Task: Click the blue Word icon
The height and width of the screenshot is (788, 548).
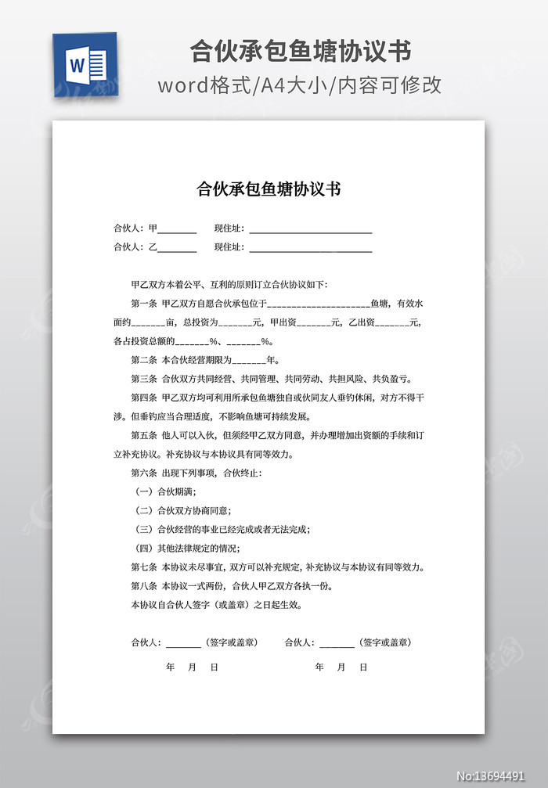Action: (84, 65)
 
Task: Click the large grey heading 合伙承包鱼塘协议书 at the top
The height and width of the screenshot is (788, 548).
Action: (301, 52)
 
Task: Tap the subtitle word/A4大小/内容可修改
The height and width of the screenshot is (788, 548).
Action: (299, 85)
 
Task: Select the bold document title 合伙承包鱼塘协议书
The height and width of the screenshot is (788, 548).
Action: (269, 189)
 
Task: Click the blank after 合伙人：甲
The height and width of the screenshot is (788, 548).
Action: (178, 229)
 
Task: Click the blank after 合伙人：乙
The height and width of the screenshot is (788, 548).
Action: (178, 247)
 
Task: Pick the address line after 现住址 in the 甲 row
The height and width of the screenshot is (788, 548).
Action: (310, 229)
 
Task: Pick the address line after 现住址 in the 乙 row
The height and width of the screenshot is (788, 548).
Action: (310, 247)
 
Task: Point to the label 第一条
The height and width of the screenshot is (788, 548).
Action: (144, 303)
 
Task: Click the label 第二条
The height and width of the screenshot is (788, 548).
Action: (144, 361)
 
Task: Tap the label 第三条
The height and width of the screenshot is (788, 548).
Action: (144, 380)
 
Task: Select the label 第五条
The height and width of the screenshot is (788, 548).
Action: (144, 435)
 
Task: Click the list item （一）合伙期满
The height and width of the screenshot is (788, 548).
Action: (166, 491)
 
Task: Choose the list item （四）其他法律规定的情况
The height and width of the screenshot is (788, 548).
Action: (188, 548)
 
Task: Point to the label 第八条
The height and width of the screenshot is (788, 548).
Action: (144, 586)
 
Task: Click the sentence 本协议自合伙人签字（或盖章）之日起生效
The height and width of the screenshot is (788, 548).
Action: (217, 605)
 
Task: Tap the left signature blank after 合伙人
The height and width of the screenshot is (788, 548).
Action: (183, 643)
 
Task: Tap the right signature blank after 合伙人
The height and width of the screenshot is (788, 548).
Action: (337, 643)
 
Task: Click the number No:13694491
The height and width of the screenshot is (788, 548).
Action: (491, 776)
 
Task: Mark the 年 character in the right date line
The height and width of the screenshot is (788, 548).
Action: (319, 667)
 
